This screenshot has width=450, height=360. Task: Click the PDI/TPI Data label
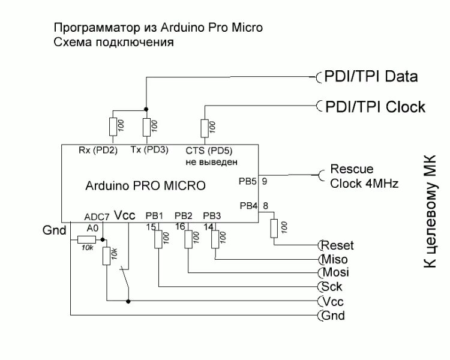pos(370,77)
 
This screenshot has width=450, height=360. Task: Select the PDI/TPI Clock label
pos(374,107)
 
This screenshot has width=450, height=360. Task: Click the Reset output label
pos(338,245)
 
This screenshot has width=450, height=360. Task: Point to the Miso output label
pos(335,259)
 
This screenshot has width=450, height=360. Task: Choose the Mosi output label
pos(335,272)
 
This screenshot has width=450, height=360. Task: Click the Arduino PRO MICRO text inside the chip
pos(146,186)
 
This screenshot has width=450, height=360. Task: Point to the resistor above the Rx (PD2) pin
pos(113,127)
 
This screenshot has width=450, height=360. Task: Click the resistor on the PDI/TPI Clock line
pos(205,127)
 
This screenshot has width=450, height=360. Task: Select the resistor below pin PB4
pos(275,228)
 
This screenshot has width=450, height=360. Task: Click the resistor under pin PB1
pos(159,239)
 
